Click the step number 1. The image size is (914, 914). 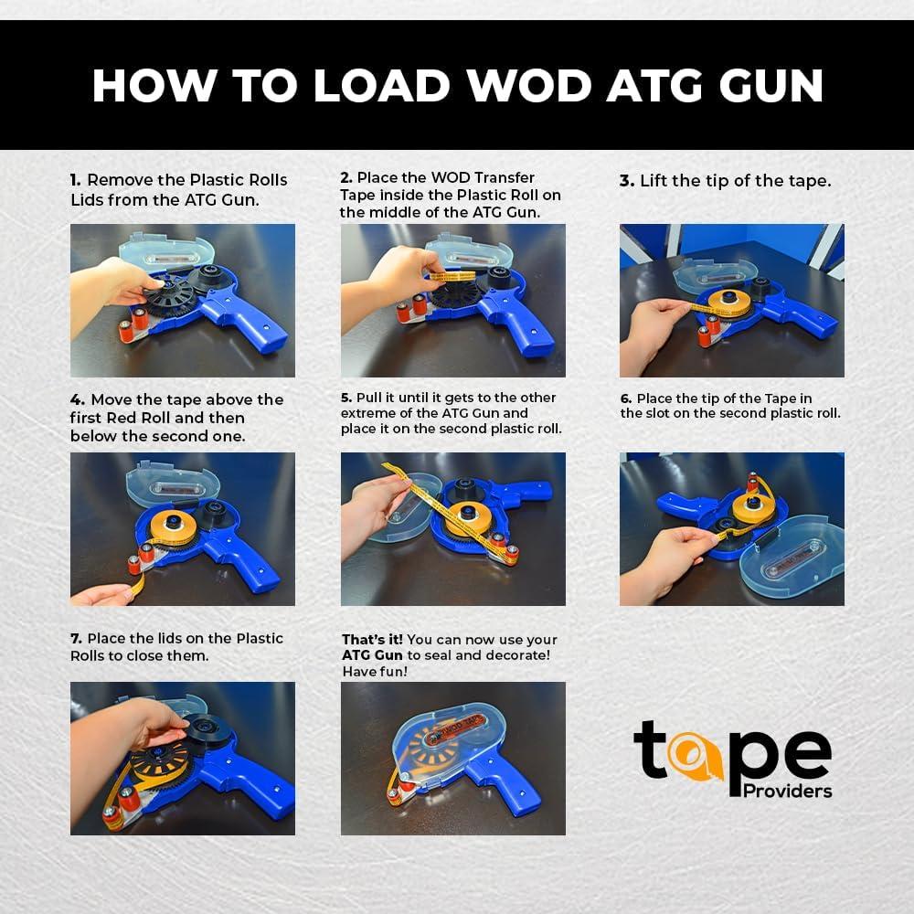coord(75,180)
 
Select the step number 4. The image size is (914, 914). coord(77,399)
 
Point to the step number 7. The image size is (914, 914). coord(76,638)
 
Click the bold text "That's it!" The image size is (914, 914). coord(372,639)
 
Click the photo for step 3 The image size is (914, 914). coord(731,300)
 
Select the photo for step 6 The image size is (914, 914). coord(731,528)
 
